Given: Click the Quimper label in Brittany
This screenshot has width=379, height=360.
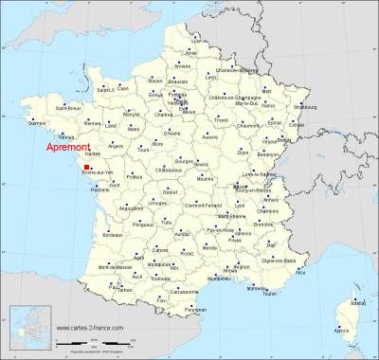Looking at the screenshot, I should coord(37,123).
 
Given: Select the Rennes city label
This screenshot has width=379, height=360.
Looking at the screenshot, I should coord(94,122).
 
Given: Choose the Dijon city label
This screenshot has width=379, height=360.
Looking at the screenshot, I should coord(243,152).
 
